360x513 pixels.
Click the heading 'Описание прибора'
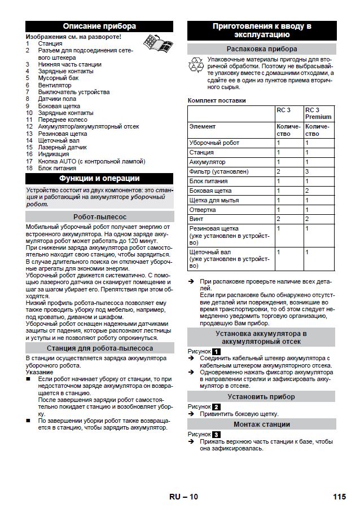99,26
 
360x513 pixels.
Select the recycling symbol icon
196,65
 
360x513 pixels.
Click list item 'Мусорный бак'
59,78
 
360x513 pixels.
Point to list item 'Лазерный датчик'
62,147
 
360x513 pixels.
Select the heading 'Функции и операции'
99,179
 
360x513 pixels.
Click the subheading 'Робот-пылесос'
99,216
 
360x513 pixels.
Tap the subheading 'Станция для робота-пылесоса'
99,348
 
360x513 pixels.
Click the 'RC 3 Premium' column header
318,113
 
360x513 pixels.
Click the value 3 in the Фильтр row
307,171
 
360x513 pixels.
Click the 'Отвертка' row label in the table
203,210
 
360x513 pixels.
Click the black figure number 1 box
217,351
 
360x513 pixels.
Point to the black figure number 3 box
217,435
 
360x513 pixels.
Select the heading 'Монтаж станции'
262,424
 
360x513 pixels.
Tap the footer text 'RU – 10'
183,497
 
